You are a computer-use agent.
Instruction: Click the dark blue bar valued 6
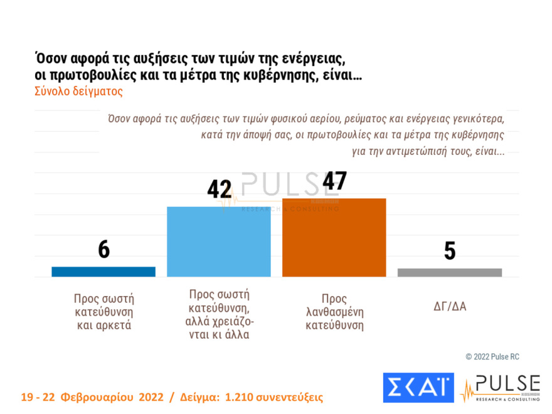pyautogui.click(x=103, y=271)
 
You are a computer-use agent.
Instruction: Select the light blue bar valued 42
pyautogui.click(x=218, y=241)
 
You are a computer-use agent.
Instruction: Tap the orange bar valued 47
pyautogui.click(x=334, y=237)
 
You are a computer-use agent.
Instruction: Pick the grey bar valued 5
pyautogui.click(x=450, y=272)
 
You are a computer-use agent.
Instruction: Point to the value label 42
pyautogui.click(x=220, y=189)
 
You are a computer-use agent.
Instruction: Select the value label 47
pyautogui.click(x=334, y=181)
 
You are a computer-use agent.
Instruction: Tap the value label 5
pyautogui.click(x=450, y=251)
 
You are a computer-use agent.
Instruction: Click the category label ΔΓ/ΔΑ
pyautogui.click(x=450, y=307)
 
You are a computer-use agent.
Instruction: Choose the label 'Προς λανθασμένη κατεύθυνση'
pyautogui.click(x=334, y=312)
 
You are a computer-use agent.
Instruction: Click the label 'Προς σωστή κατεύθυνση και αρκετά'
pyautogui.click(x=103, y=312)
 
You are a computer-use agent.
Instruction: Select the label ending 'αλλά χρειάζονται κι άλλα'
pyautogui.click(x=219, y=314)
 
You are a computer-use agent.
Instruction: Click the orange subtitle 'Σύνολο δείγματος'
pyautogui.click(x=78, y=91)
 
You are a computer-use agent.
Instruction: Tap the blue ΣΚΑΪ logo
pyautogui.click(x=418, y=388)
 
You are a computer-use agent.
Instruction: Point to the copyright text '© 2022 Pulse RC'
pyautogui.click(x=492, y=356)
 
